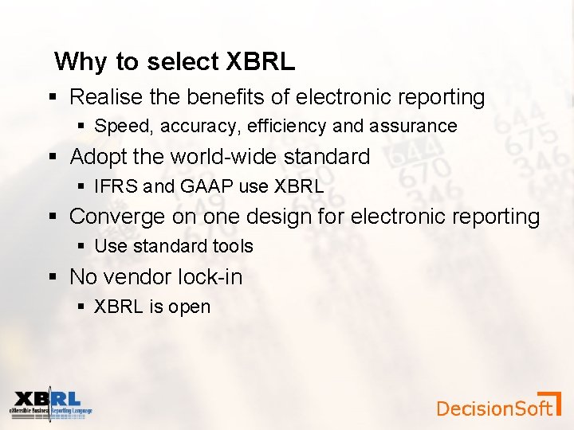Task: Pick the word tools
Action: click(x=231, y=247)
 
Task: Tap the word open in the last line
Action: click(x=190, y=307)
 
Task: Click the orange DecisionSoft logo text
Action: click(x=494, y=408)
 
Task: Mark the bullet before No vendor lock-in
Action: click(x=53, y=277)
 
